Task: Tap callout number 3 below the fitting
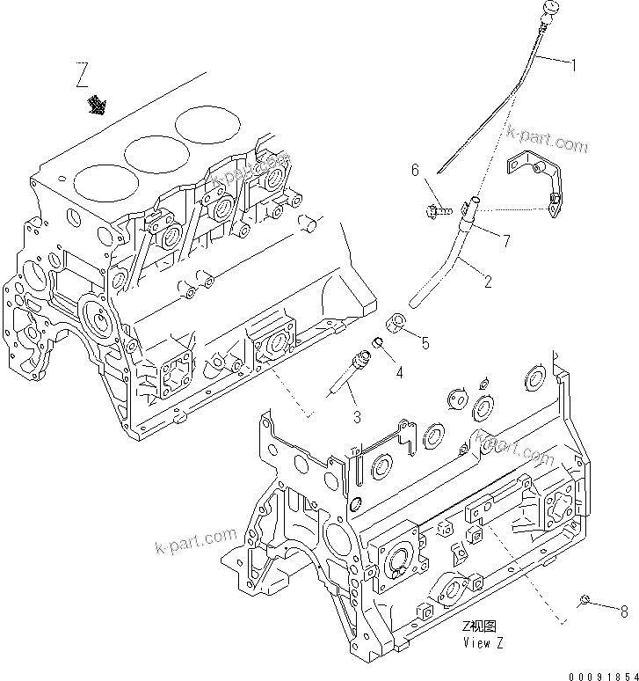358,416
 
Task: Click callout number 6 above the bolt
416,172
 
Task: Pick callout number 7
506,238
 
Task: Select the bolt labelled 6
437,210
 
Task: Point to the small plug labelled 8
583,601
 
